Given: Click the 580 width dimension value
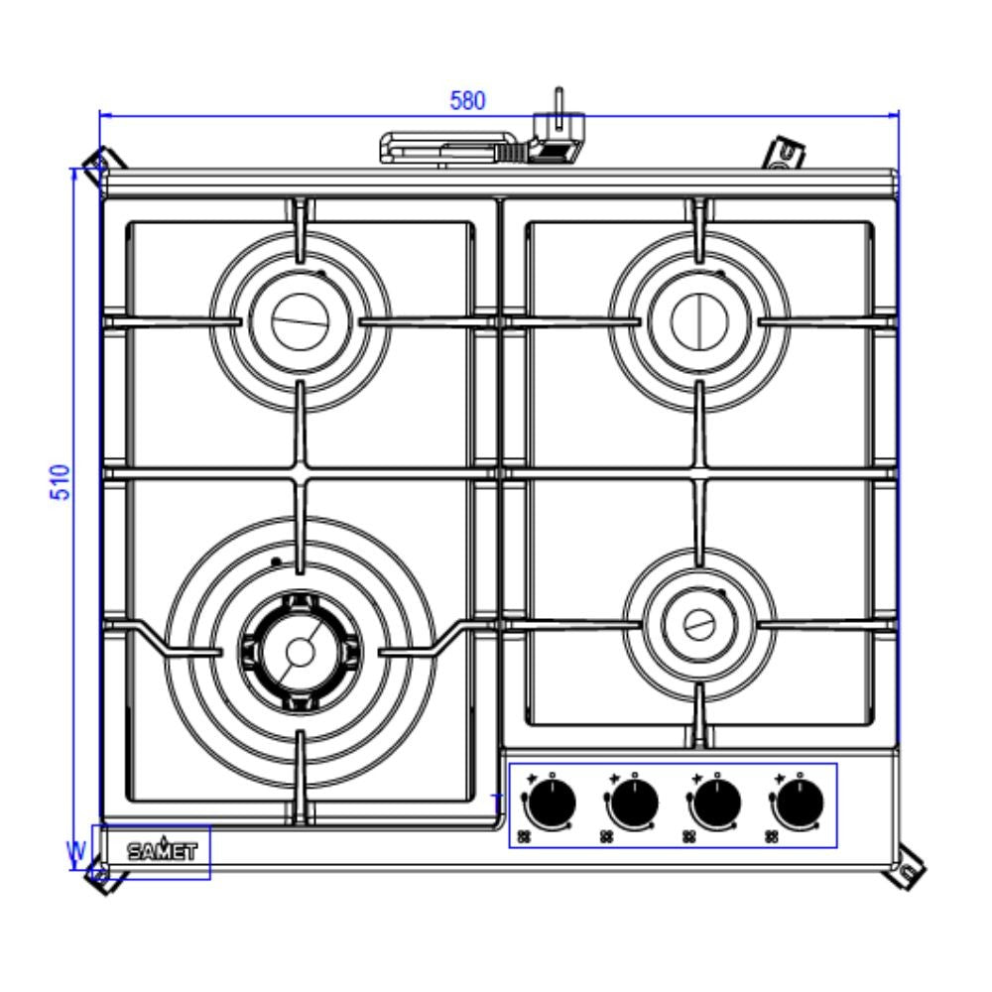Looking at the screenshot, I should tap(468, 101).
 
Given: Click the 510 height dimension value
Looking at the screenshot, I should tap(62, 482).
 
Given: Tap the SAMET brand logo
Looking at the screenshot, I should tap(162, 850).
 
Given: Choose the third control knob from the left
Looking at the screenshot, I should tap(715, 805).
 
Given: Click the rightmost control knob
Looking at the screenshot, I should tap(799, 805).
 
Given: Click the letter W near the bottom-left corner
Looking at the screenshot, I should tap(75, 850).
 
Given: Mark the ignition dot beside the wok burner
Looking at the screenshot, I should tap(273, 563).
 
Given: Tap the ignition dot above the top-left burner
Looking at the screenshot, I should tap(321, 273).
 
